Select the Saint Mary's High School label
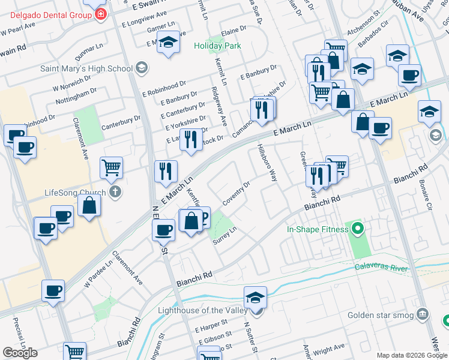tap(86, 68)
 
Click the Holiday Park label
tap(217, 46)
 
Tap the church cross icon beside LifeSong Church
tap(116, 193)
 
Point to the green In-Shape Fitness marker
tap(357, 229)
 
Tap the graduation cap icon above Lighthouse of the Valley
tap(255, 296)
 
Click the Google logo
tap(20, 353)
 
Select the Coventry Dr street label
tap(236, 193)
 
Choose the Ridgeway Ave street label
tap(219, 106)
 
